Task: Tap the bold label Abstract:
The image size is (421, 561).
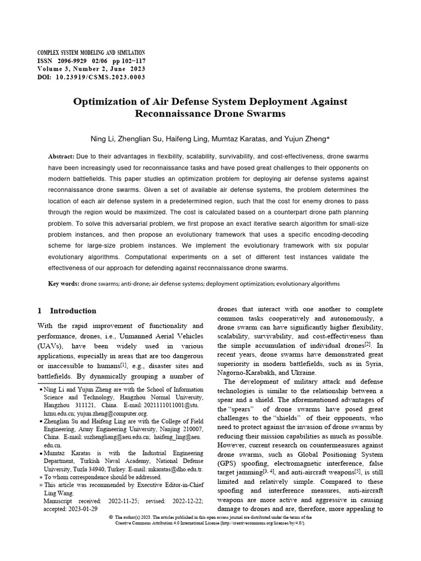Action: [61, 157]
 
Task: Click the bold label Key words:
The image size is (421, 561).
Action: [64, 284]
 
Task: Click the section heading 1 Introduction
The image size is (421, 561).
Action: [67, 311]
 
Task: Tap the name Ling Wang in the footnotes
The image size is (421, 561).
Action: [58, 493]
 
